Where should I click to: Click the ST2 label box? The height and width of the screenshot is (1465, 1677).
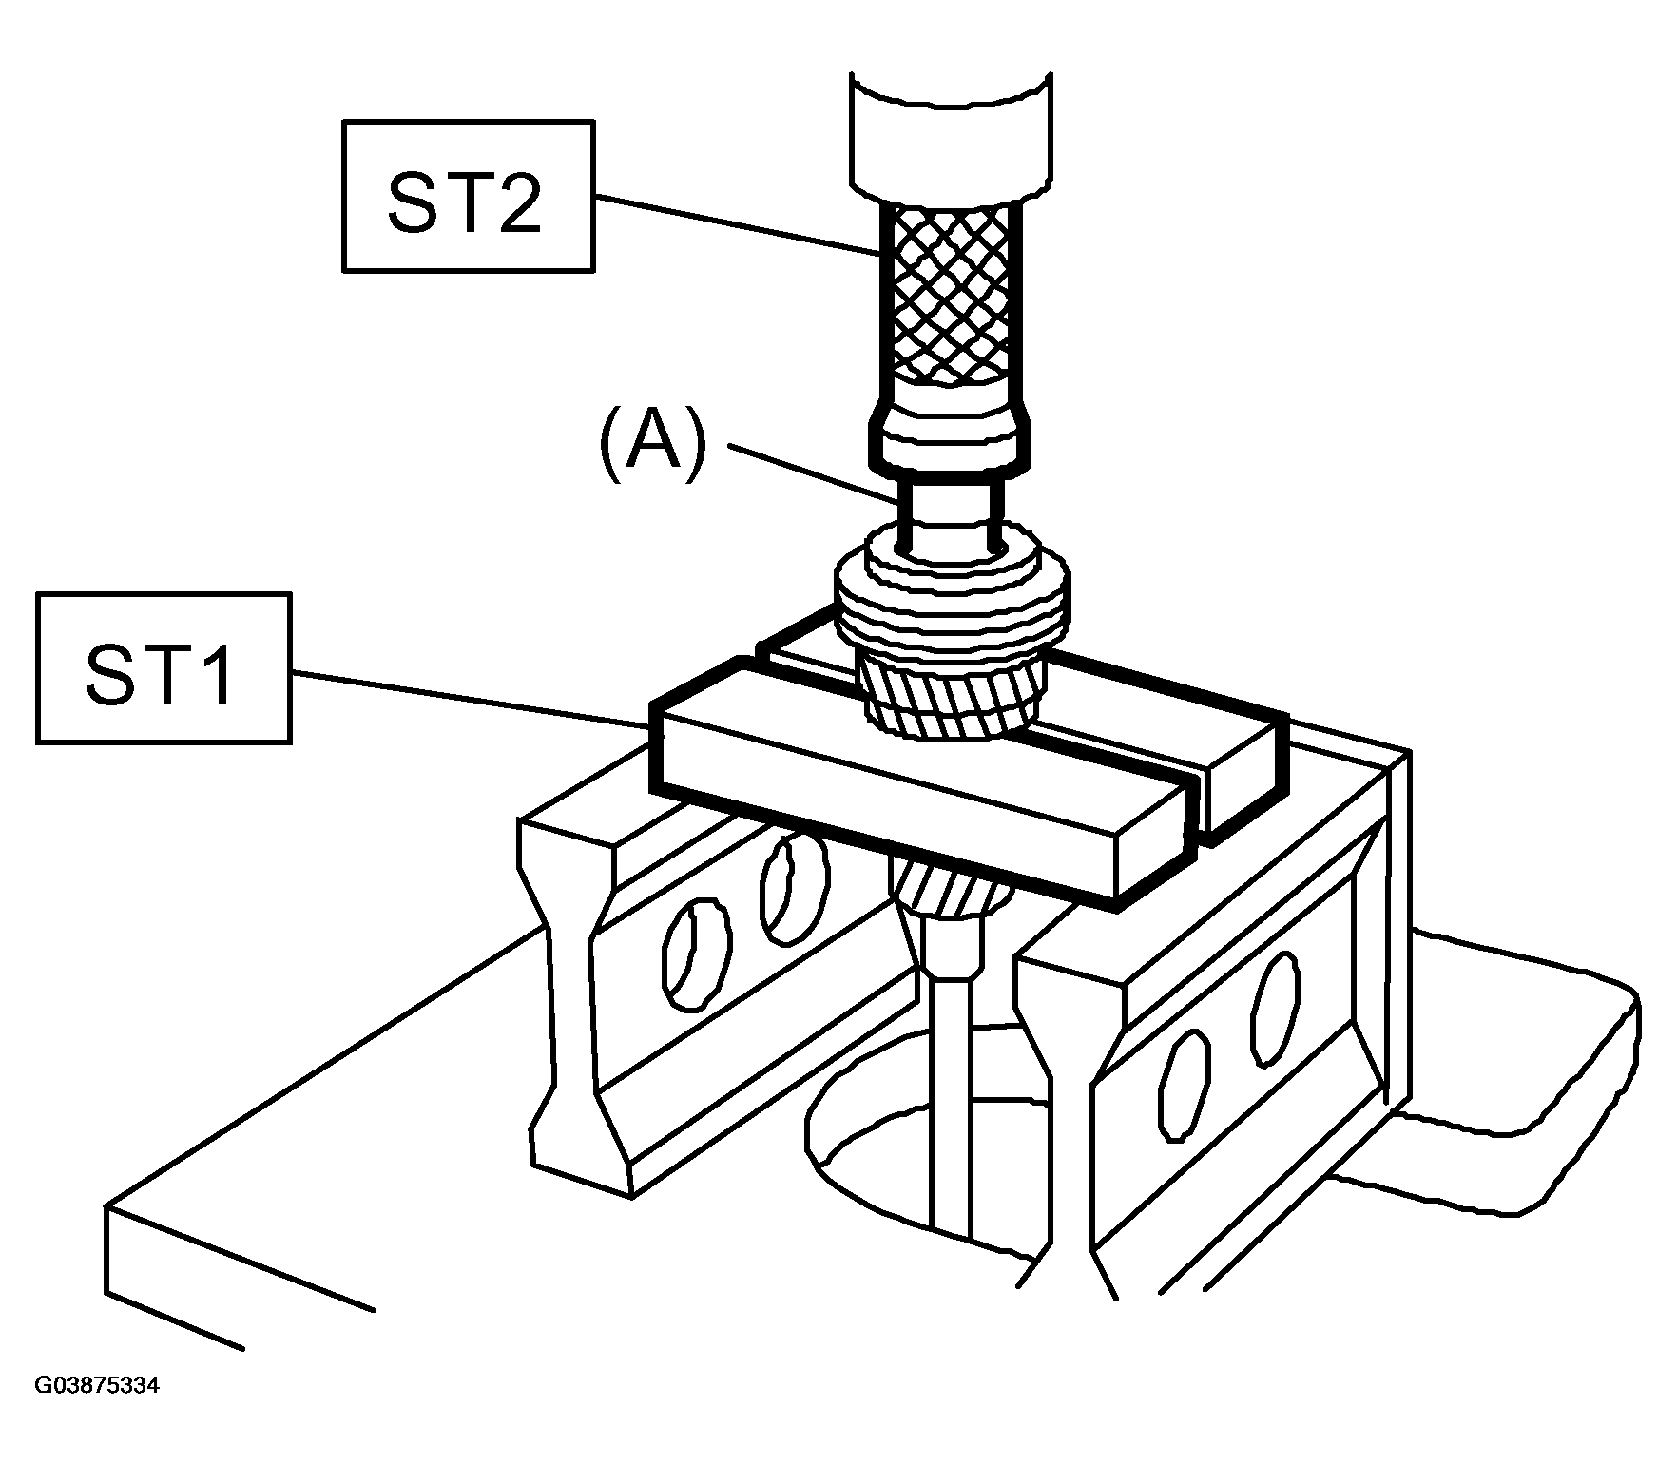[x=468, y=196]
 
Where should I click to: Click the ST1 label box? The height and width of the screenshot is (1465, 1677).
[x=164, y=667]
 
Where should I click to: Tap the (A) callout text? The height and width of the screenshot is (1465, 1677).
[x=652, y=442]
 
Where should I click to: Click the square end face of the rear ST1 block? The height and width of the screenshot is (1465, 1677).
[x=1243, y=780]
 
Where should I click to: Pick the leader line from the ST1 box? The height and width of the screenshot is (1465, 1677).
[x=472, y=698]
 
